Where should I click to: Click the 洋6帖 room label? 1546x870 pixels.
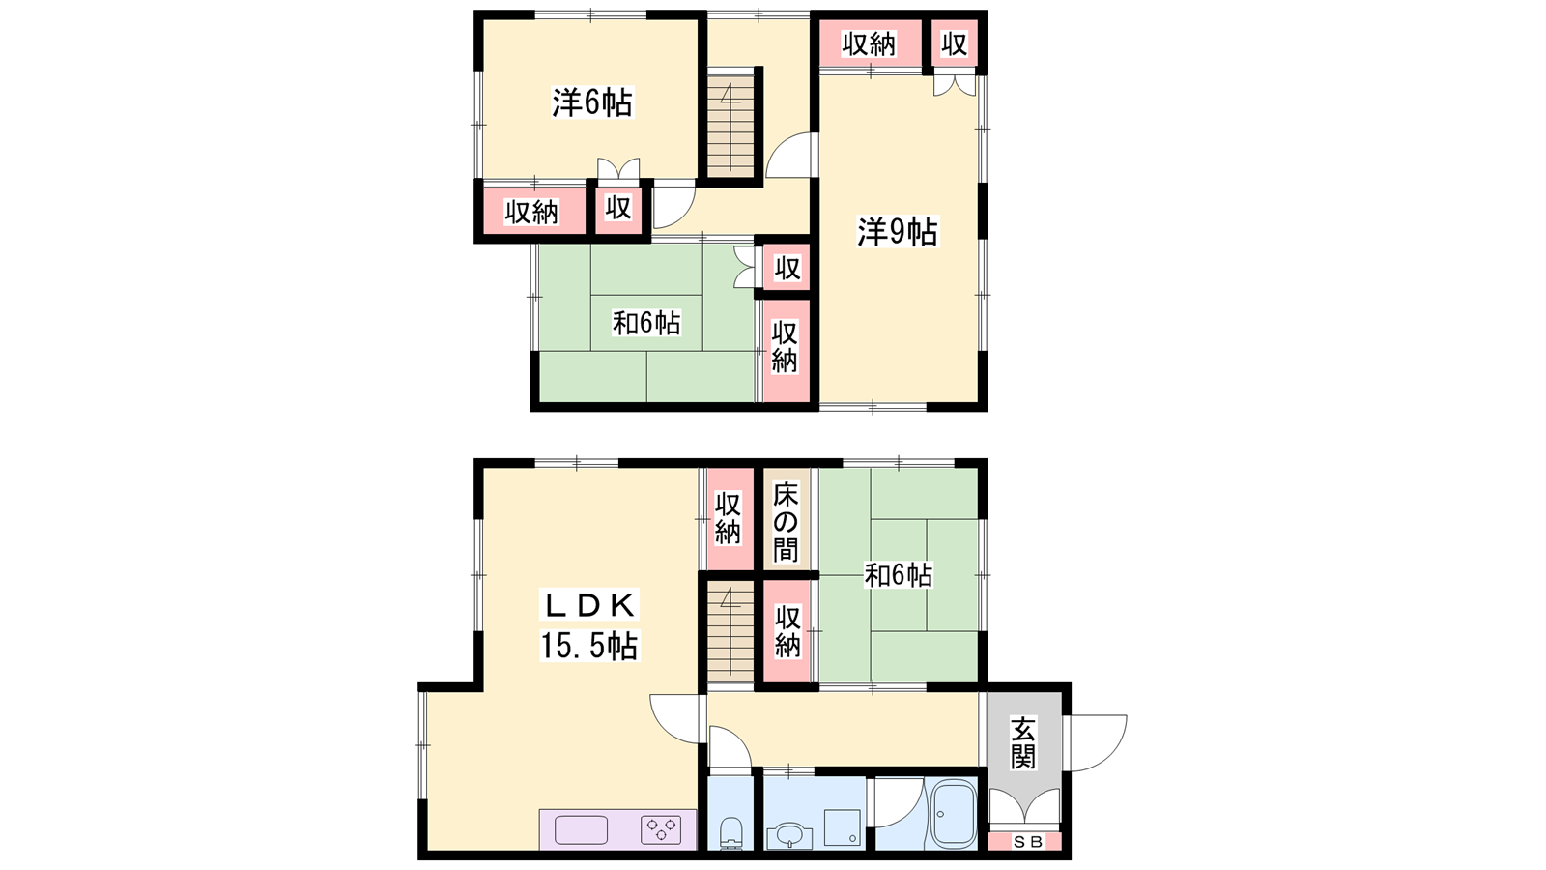(x=591, y=103)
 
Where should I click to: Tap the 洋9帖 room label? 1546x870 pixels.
(x=897, y=232)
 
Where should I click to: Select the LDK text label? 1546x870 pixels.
(x=589, y=605)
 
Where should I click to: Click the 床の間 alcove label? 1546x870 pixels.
(x=786, y=522)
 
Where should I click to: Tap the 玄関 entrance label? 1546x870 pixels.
(x=1023, y=742)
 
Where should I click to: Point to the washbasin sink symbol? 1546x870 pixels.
(x=788, y=835)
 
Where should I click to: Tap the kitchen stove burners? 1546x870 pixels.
(x=661, y=828)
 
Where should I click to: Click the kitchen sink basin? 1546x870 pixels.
(x=581, y=829)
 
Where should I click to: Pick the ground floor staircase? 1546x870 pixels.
(x=730, y=631)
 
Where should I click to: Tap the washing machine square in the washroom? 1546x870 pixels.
(x=843, y=827)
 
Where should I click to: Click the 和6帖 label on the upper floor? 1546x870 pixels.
(x=646, y=323)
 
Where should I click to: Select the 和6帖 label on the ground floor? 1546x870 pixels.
(x=899, y=574)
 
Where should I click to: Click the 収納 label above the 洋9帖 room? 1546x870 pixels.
(x=869, y=44)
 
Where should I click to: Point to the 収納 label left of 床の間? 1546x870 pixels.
(x=728, y=518)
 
